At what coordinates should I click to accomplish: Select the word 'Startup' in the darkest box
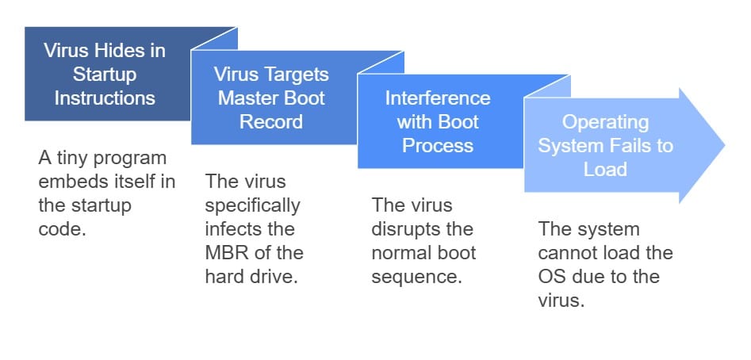tap(105, 75)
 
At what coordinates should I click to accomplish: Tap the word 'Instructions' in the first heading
tap(105, 98)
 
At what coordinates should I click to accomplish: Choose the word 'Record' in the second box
tap(271, 121)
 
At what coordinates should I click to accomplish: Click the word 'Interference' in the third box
tap(438, 98)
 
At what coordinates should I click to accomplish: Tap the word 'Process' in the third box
tap(438, 146)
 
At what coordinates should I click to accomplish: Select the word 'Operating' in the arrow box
tap(605, 123)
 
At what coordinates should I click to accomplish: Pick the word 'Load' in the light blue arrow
tap(605, 169)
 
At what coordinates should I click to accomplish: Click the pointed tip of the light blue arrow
tap(725, 145)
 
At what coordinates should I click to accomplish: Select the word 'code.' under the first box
tap(62, 229)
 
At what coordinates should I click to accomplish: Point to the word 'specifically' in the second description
tap(252, 206)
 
